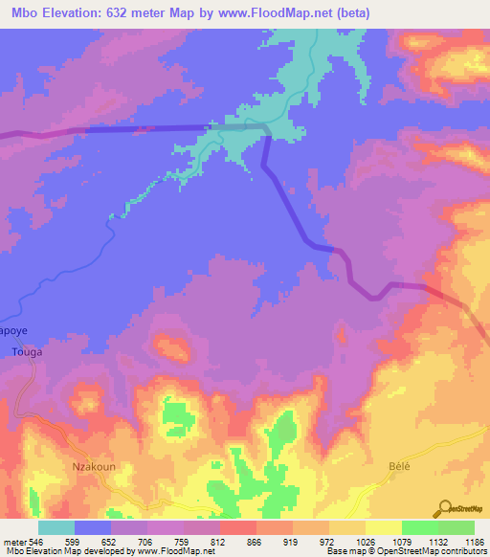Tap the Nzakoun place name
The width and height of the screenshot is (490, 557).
[x=93, y=467]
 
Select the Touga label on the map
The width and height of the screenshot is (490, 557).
[x=25, y=352]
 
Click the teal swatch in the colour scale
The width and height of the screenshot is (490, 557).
[x=56, y=527]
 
